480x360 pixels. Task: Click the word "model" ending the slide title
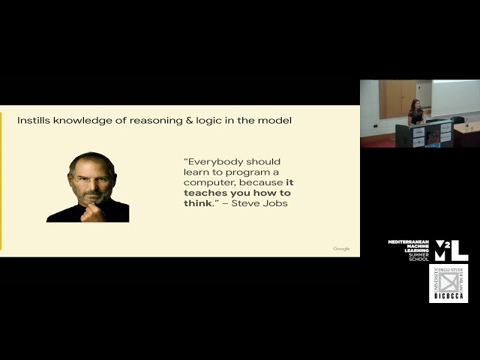point(274,120)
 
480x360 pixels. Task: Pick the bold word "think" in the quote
point(196,203)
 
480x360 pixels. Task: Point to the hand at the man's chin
point(91,212)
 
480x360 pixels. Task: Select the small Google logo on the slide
point(341,248)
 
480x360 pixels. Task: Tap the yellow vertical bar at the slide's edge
point(1,180)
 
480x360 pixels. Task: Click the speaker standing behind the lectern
point(415,114)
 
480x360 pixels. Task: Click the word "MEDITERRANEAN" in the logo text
point(409,241)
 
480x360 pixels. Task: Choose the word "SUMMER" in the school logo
point(418,254)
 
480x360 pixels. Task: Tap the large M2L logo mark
point(451,250)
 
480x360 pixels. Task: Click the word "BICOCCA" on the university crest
point(448,297)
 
